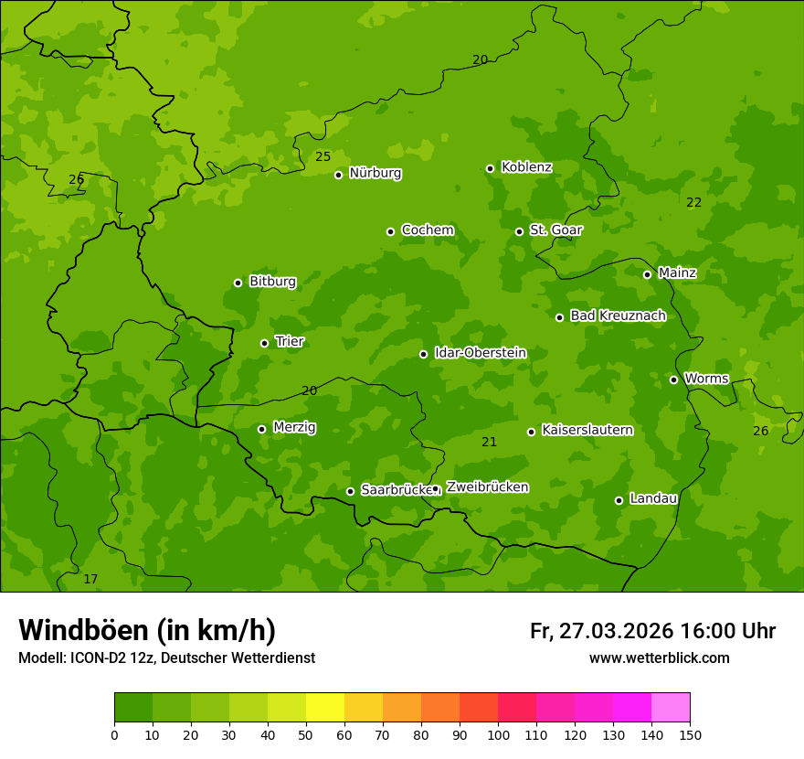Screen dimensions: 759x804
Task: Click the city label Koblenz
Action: point(526,167)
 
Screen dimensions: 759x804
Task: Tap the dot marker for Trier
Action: point(265,343)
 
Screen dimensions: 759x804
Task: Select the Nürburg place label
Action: point(375,173)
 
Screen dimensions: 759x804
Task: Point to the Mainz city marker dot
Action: point(647,274)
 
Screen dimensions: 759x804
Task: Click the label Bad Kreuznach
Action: point(618,315)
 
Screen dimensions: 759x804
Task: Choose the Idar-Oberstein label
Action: point(480,352)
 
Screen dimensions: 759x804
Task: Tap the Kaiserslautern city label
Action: point(587,430)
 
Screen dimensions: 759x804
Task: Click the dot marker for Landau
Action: point(619,500)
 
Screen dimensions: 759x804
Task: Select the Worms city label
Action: point(706,379)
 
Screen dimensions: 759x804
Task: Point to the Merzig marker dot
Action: point(261,429)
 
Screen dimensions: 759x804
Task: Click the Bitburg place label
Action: point(272,282)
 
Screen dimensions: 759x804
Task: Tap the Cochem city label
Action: point(427,230)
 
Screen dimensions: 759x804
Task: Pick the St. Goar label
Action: point(555,230)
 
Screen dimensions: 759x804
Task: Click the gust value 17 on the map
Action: point(90,579)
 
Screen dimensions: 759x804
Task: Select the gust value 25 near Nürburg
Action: point(323,156)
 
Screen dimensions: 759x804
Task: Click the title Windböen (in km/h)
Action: point(147,630)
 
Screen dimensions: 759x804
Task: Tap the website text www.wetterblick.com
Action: point(659,657)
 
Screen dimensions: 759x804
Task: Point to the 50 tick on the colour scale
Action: point(306,733)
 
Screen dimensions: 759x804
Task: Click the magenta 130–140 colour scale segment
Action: point(632,708)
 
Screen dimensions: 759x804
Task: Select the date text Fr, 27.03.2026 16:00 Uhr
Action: point(652,631)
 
